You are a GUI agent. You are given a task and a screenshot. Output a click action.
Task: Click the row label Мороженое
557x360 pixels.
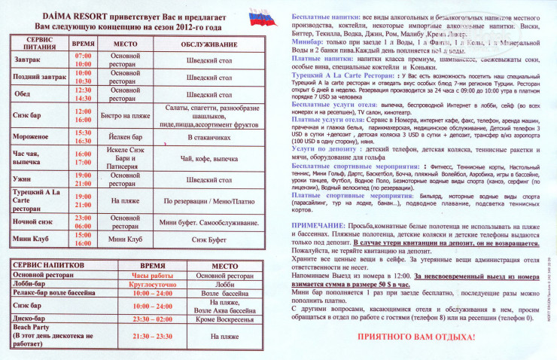point(32,136)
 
